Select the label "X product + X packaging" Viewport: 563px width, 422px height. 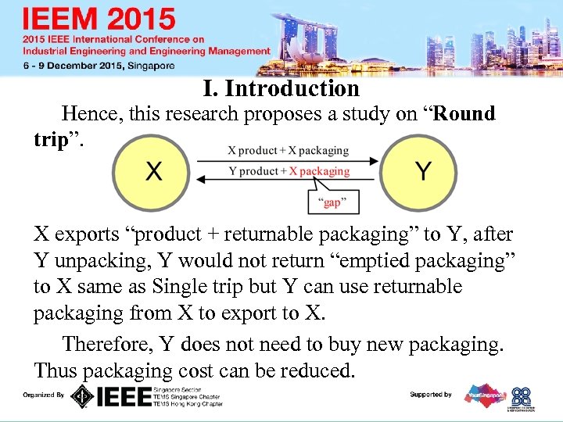pos(289,150)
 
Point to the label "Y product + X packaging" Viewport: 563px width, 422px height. pos(289,171)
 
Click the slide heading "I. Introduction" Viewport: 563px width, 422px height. pos(281,88)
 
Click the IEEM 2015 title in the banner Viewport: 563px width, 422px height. pos(99,19)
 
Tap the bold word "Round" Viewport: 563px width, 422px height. pos(464,114)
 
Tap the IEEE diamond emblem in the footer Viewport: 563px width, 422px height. pos(81,396)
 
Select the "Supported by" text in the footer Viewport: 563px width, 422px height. pos(431,395)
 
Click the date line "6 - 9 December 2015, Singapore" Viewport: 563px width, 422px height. pos(99,66)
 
